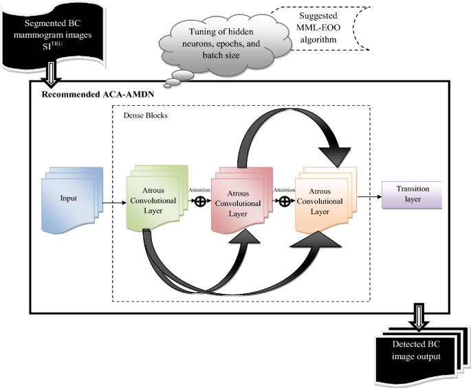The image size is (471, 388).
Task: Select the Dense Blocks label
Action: pyautogui.click(x=145, y=115)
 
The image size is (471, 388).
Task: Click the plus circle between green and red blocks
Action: pyautogui.click(x=200, y=201)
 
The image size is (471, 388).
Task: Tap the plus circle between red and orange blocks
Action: pyautogui.click(x=283, y=203)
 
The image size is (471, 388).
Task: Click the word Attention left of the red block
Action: pyautogui.click(x=200, y=190)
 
